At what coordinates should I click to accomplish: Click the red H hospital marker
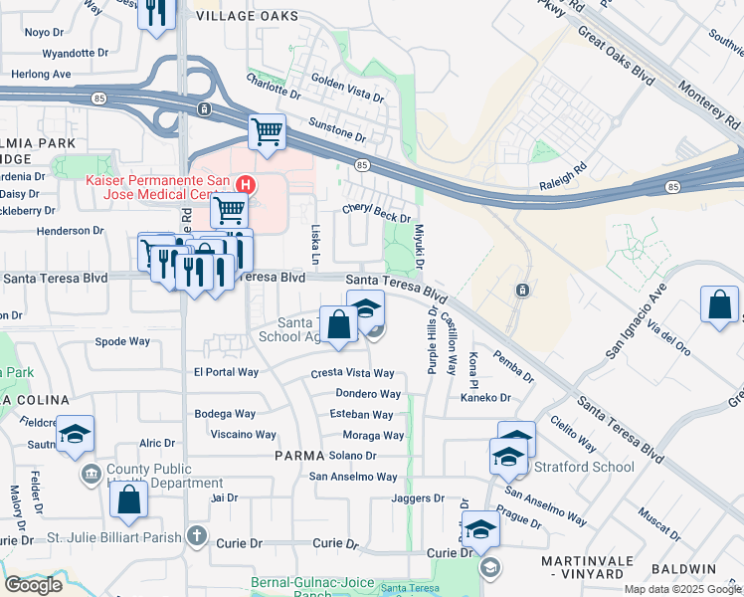(x=246, y=185)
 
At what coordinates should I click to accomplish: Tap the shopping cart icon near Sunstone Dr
(x=267, y=131)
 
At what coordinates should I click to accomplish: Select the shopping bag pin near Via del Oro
(x=719, y=305)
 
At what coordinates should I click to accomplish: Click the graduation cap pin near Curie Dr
(x=480, y=529)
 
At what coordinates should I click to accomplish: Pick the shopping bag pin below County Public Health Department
(x=129, y=499)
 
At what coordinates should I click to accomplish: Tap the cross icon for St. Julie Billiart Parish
(x=197, y=537)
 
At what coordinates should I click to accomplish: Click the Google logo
(x=33, y=585)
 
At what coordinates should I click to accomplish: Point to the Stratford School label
(x=584, y=467)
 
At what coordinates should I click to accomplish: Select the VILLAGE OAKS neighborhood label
(x=247, y=17)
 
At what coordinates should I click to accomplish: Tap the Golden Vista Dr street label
(x=347, y=86)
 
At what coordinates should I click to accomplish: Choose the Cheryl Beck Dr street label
(x=376, y=213)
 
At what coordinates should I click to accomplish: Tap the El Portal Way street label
(x=226, y=372)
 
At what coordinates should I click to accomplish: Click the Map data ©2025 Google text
(x=682, y=589)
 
